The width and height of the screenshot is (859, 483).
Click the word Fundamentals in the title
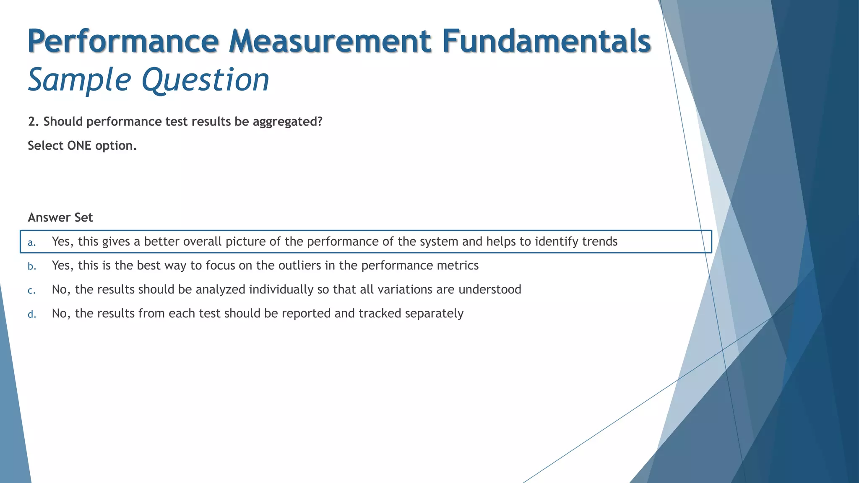coord(546,41)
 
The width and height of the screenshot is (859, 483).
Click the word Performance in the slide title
coord(123,41)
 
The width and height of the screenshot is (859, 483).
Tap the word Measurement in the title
coord(330,41)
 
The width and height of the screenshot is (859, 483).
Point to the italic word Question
coord(206,80)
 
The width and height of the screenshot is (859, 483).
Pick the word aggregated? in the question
coord(287,122)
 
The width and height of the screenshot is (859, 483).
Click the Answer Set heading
coord(60,218)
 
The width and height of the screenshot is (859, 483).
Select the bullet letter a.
coord(31,242)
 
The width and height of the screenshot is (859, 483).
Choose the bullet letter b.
coord(32,266)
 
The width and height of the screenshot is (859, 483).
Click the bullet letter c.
coord(31,290)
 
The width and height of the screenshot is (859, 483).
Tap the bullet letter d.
coord(32,314)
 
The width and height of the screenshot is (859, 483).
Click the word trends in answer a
coord(597,241)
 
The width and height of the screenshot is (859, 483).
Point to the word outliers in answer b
coord(299,265)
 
